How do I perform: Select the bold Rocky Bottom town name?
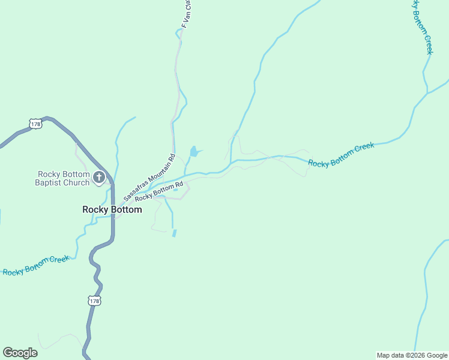112,209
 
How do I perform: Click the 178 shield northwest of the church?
35,123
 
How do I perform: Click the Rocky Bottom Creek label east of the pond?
341,155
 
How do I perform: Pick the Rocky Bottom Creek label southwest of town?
36,265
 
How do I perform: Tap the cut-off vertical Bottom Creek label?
421,27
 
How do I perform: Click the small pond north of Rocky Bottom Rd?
194,151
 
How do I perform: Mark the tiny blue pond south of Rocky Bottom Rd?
174,233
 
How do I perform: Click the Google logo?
20,353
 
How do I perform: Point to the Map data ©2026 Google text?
412,355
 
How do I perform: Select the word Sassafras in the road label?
136,190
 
